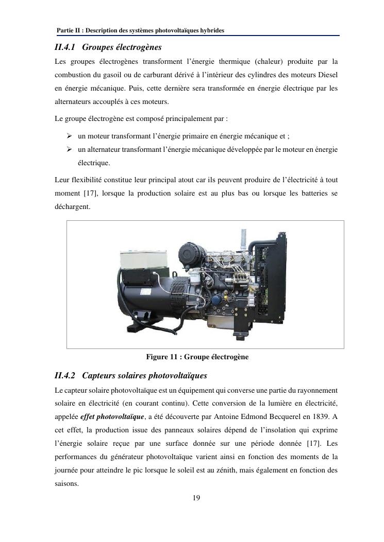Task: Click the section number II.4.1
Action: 65,47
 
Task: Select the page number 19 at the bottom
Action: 196,498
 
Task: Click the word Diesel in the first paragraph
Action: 326,75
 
